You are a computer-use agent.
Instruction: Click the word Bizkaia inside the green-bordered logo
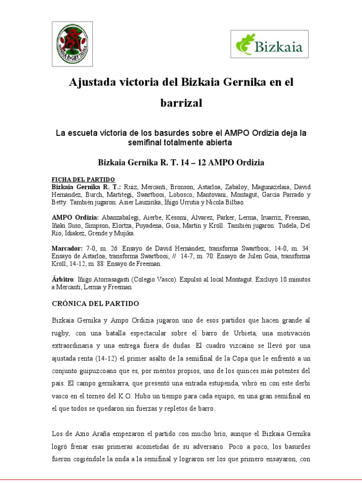tap(279, 47)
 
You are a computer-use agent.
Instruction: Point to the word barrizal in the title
tap(181, 103)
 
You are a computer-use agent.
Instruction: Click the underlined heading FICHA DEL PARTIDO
tap(83, 179)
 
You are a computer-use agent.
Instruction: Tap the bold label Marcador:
tap(67, 248)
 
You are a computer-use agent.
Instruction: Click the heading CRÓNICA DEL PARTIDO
tap(95, 303)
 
